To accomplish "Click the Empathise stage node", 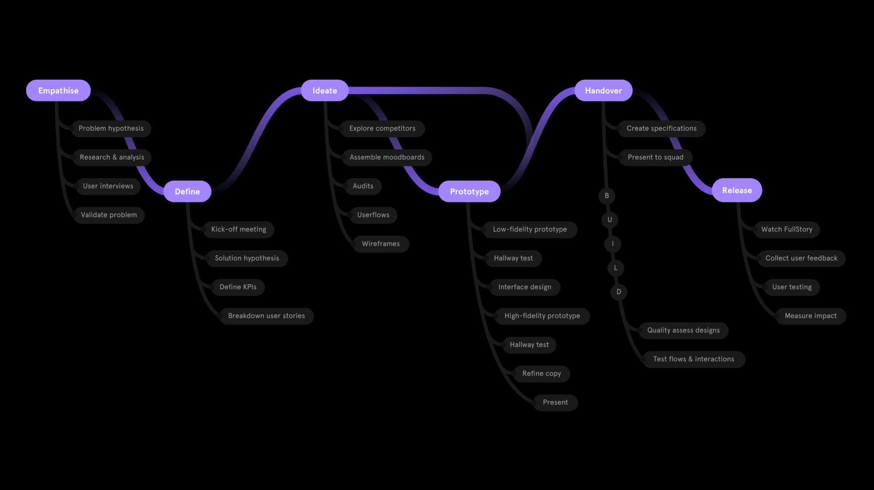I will pos(58,91).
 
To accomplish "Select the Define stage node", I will pos(187,191).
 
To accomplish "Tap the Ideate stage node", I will pos(324,91).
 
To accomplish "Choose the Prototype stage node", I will pos(469,191).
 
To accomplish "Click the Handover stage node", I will pos(603,91).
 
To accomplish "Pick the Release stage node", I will pos(737,190).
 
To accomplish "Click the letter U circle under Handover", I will pos(610,220).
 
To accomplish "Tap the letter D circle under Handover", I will pos(618,292).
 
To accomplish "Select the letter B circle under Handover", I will pos(607,196).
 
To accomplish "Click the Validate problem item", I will pos(109,215).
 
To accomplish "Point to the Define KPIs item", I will pos(238,287).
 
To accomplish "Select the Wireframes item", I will pos(381,244).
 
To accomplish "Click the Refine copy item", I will pos(541,374).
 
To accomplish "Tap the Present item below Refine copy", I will pos(555,402).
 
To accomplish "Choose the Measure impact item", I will pos(811,316).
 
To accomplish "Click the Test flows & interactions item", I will pos(694,359).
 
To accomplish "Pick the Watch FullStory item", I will pos(787,229).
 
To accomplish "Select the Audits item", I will pos(363,186).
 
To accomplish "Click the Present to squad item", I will pos(655,157).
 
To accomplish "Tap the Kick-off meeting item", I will pos(239,229).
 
